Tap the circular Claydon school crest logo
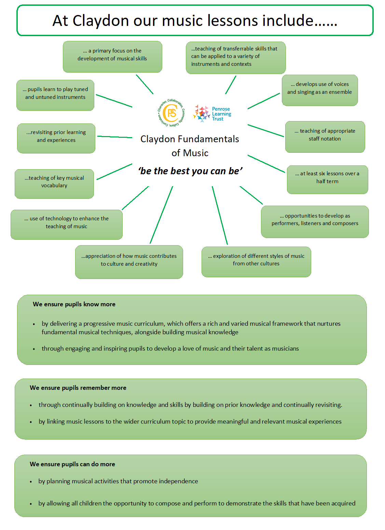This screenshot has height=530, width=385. [171, 113]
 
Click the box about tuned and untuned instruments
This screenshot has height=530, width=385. [55, 95]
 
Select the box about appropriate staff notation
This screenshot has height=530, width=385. [325, 137]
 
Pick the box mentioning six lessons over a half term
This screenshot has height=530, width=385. [327, 180]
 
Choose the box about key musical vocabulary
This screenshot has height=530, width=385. [54, 184]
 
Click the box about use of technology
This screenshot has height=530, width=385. [67, 224]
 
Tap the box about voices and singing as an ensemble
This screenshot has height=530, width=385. [320, 90]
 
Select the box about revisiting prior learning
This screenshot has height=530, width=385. [56, 138]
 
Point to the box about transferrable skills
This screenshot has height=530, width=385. [236, 58]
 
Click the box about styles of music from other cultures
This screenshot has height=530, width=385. [256, 262]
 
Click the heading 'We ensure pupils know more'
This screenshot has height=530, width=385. [74, 304]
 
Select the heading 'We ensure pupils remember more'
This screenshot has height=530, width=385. [78, 387]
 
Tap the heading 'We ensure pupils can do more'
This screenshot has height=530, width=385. [72, 464]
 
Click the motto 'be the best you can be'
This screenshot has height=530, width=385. [190, 171]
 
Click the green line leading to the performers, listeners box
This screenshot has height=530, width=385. [251, 195]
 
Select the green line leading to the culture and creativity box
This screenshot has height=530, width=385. [161, 215]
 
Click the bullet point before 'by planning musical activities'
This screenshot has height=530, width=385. [31, 482]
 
